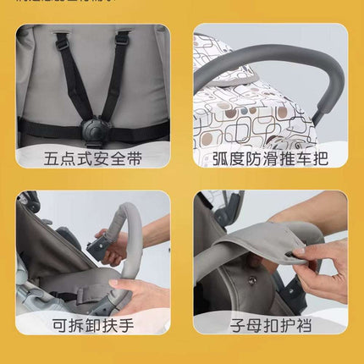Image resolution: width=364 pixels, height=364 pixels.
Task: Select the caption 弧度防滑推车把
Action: point(269,157)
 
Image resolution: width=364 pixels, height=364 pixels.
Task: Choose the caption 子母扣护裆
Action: point(269,324)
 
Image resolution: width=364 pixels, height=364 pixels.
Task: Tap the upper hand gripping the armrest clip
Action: point(110,241)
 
